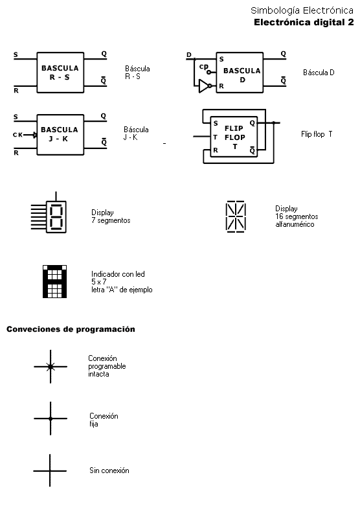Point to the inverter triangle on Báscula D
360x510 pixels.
pyautogui.click(x=204, y=86)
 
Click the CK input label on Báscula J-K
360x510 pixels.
pyautogui.click(x=17, y=135)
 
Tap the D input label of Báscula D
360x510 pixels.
pyautogui.click(x=189, y=54)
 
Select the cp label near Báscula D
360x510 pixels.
pyautogui.click(x=204, y=67)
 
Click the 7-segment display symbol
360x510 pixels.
pyautogui.click(x=49, y=213)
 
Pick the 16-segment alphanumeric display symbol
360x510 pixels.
pyautogui.click(x=236, y=216)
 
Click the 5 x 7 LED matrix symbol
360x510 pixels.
pyautogui.click(x=54, y=281)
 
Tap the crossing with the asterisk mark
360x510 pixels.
pyautogui.click(x=51, y=367)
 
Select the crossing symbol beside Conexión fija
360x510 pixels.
pyautogui.click(x=51, y=419)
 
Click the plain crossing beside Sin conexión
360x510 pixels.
pyautogui.click(x=50, y=470)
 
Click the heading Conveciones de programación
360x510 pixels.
pyautogui.click(x=71, y=329)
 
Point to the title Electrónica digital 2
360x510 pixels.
pyautogui.click(x=304, y=22)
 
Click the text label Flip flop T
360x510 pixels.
pyautogui.click(x=317, y=134)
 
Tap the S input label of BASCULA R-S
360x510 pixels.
pyautogui.click(x=16, y=54)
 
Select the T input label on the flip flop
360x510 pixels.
pyautogui.click(x=215, y=137)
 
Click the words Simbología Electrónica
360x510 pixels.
pyautogui.click(x=302, y=10)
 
